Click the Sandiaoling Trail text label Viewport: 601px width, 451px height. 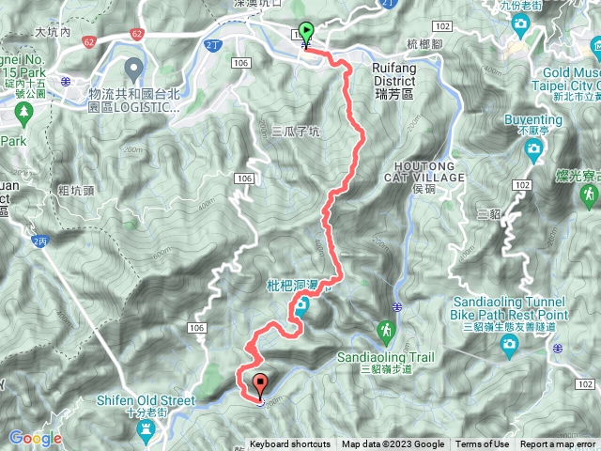click(384, 358)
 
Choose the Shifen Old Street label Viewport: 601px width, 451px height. click(145, 400)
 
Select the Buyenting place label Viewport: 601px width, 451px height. click(532, 120)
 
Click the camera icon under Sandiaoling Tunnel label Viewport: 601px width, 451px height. click(510, 349)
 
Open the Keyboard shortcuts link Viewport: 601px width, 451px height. click(290, 444)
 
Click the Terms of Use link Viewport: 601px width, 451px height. click(483, 444)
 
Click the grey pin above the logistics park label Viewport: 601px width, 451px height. click(133, 68)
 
